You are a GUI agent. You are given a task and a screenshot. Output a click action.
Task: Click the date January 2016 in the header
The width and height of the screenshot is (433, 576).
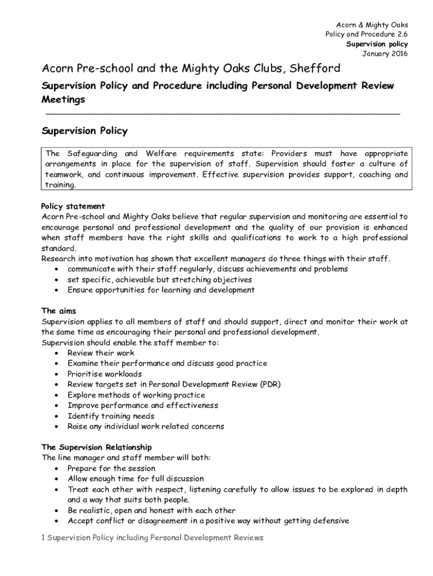[x=385, y=54]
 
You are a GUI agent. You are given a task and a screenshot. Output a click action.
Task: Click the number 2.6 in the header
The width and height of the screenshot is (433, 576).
[x=400, y=34]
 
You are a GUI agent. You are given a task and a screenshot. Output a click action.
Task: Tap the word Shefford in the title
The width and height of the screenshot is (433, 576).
[x=317, y=69]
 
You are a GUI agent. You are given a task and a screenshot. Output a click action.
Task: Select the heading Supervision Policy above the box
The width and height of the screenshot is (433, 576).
[x=85, y=131]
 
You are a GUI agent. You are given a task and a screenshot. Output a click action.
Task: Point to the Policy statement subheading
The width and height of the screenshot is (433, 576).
[x=73, y=206]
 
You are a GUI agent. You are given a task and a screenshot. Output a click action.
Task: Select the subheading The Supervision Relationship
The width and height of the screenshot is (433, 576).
[x=97, y=447]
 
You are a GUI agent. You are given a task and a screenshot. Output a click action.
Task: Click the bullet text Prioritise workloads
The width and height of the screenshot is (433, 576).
[x=105, y=374]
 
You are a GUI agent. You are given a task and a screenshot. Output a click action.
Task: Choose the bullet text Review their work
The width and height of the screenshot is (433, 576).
[x=101, y=353]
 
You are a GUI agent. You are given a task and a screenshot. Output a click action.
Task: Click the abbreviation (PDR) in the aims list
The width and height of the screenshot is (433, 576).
[x=270, y=384]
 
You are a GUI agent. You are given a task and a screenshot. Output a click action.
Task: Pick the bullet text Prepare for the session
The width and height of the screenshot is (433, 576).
[x=111, y=469]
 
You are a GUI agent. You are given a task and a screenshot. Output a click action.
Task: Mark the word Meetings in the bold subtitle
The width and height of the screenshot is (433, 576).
[x=64, y=100]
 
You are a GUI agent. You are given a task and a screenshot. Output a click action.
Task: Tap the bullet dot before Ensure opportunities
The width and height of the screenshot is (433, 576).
[x=57, y=291]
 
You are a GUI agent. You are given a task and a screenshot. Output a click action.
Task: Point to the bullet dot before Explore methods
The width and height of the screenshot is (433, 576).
[x=57, y=395]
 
